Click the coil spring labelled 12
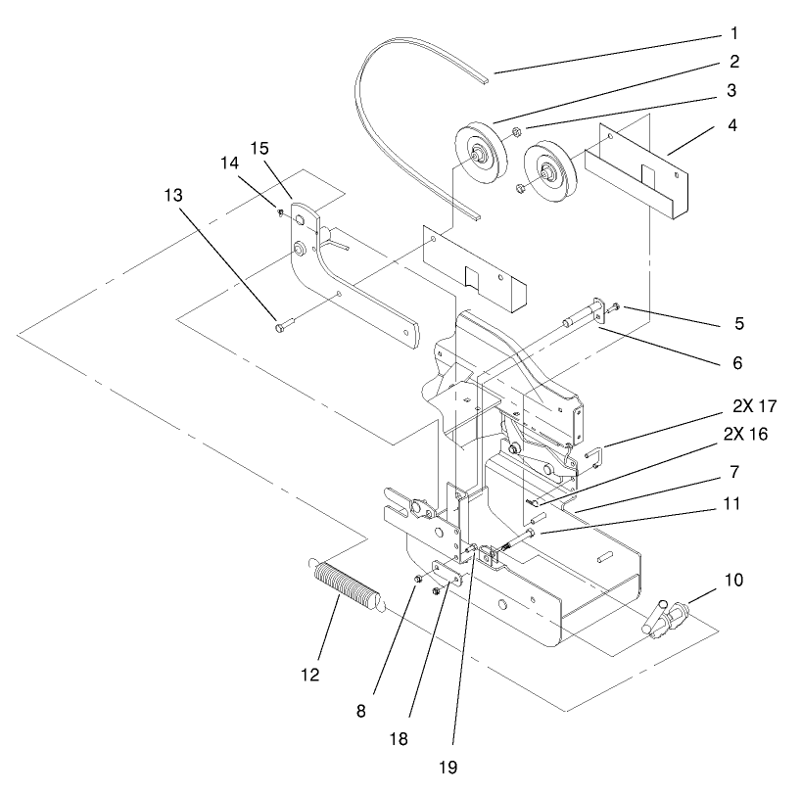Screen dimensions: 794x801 346,585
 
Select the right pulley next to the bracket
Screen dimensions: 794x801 551,173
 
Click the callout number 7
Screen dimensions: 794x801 734,471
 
